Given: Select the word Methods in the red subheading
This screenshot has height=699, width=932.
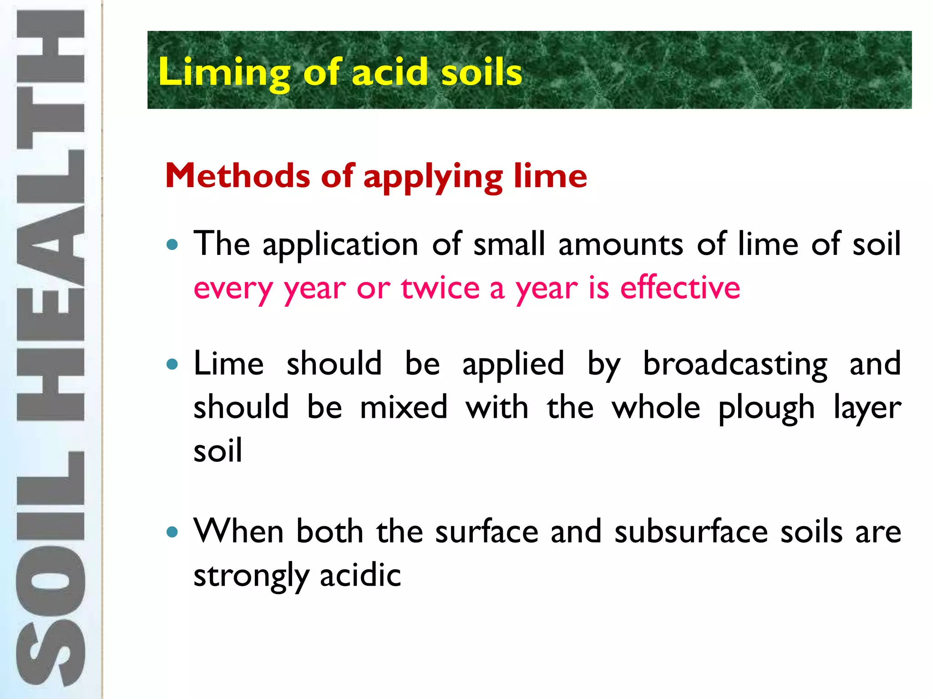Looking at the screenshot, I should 238,176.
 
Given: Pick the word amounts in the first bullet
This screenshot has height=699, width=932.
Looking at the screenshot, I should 621,244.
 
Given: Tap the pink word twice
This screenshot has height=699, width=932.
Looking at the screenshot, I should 440,288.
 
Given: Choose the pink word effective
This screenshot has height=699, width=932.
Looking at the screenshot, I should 680,288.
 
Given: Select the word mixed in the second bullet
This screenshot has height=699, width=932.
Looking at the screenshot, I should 404,407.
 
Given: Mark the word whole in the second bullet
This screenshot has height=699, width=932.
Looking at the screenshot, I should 656,407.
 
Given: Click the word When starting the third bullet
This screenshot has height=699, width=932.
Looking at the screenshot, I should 238,531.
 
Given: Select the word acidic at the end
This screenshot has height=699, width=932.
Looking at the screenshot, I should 360,575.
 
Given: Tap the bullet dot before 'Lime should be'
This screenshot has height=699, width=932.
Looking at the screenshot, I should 172,365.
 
